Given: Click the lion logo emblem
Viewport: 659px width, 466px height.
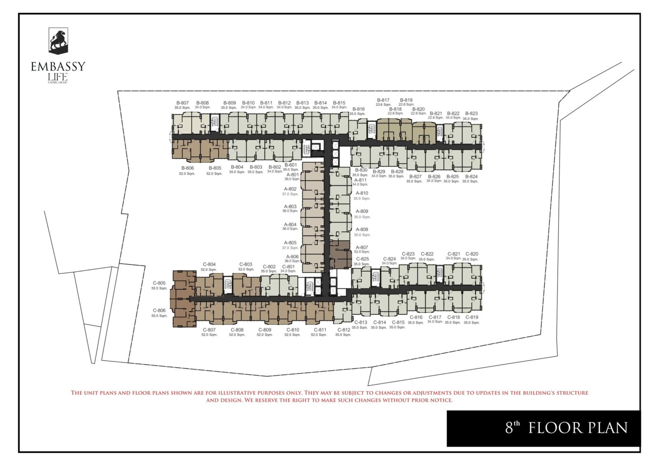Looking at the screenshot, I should tap(58, 41).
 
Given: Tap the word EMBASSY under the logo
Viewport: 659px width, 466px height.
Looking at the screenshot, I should tap(58, 67).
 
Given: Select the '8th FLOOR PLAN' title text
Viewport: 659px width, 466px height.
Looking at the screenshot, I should tap(566, 428).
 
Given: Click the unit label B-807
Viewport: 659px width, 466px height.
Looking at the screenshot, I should tap(182, 103).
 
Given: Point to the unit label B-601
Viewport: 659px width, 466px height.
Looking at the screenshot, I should tap(290, 165).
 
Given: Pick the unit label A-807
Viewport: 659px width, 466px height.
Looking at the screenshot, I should tap(362, 247).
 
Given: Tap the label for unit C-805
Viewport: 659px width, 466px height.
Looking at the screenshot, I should tap(159, 283).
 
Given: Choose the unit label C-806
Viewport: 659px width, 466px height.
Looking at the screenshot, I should tap(159, 311).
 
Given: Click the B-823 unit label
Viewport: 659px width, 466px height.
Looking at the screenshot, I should tap(471, 114).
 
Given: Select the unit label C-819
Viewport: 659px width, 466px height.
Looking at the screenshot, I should tap(472, 317).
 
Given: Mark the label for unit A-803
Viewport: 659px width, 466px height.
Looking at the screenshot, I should tap(290, 207).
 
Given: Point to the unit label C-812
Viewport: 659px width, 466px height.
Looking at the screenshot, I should tap(344, 330).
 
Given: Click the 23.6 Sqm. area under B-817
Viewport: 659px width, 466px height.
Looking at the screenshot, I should tap(383, 105).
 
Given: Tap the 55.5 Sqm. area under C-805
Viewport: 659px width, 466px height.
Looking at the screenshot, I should tap(159, 288).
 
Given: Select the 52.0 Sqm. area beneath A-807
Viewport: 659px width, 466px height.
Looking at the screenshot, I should tap(362, 252).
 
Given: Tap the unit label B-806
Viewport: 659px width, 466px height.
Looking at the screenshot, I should tap(187, 168).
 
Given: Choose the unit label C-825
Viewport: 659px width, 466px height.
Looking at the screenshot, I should tap(362, 259).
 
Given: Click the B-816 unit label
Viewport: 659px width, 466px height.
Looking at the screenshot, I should tap(358, 109).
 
